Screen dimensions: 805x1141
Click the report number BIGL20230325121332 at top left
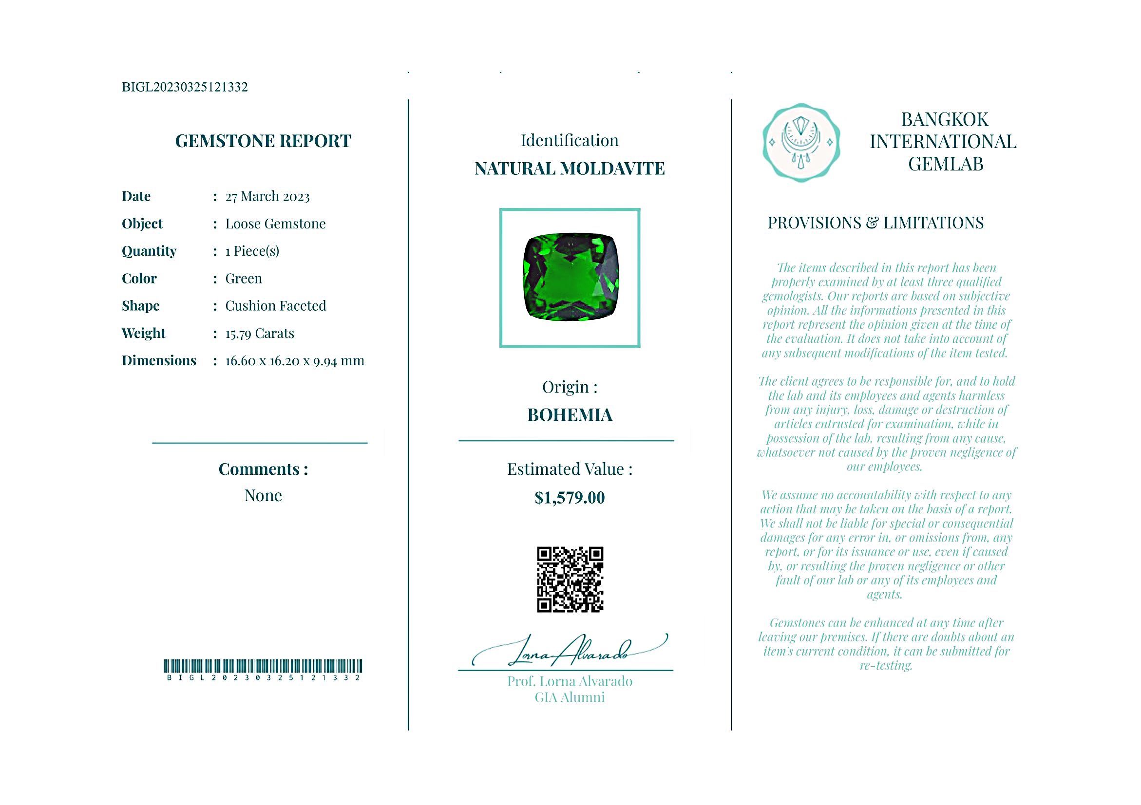[184, 87]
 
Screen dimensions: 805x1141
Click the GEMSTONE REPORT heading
[263, 141]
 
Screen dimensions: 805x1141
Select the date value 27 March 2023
[267, 197]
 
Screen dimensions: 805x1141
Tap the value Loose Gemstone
[275, 224]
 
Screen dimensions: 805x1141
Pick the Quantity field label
[149, 251]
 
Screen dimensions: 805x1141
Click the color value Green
[244, 279]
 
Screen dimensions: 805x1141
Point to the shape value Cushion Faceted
[275, 306]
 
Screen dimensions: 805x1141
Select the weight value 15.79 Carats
[259, 333]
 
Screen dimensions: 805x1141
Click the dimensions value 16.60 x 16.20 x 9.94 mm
[295, 361]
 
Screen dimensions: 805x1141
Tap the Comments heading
[263, 469]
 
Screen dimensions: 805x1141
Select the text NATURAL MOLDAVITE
[570, 169]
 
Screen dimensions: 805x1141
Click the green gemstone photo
[570, 277]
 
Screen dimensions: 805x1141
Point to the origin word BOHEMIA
[570, 415]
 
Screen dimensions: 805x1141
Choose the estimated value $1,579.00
[570, 498]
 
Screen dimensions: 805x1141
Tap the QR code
[570, 580]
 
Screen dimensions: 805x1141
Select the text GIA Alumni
[570, 698]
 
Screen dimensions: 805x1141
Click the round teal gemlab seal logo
[801, 143]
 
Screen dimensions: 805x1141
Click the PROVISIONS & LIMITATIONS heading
[875, 223]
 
